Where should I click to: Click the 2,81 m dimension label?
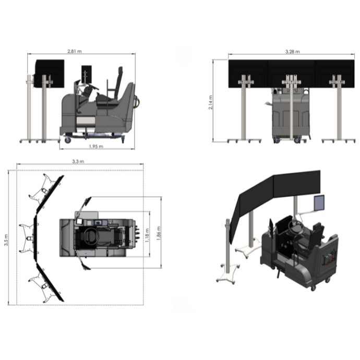point(75,51)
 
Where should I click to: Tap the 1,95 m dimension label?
point(96,146)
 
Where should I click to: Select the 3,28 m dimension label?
point(292,52)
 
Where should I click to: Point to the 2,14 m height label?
point(211,102)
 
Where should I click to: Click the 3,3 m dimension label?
point(78,161)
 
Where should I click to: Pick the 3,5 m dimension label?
point(6,240)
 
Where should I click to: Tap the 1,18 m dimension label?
point(147,235)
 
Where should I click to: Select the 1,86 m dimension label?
point(159,233)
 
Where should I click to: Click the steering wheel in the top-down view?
point(91,236)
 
